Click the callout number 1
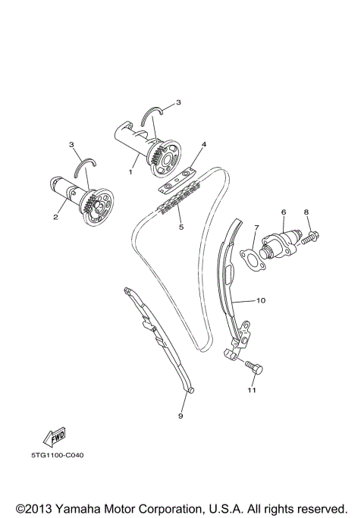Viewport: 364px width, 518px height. click(130, 171)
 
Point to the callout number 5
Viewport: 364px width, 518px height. click(180, 226)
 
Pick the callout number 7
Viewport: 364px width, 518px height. click(256, 227)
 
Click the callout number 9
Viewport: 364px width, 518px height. click(181, 416)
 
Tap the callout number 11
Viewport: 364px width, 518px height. click(251, 391)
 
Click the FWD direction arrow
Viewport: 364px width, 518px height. click(55, 436)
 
